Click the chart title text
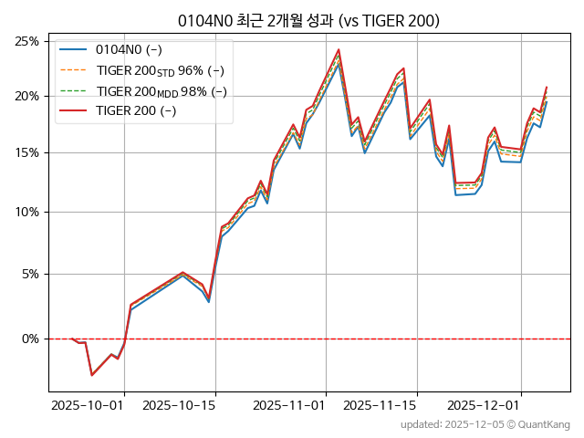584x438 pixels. (x=308, y=21)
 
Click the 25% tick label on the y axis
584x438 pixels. (x=26, y=41)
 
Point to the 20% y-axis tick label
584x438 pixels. (x=26, y=97)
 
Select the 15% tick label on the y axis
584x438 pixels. (x=26, y=153)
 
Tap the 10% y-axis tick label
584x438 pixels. (x=26, y=213)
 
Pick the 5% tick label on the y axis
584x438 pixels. (x=29, y=274)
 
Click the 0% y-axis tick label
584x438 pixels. (x=29, y=339)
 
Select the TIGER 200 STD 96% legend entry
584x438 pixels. (x=160, y=70)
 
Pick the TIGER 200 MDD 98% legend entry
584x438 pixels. (x=161, y=91)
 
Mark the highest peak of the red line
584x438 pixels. (x=339, y=49)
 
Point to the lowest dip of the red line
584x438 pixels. (x=91, y=375)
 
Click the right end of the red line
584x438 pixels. (x=547, y=88)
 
